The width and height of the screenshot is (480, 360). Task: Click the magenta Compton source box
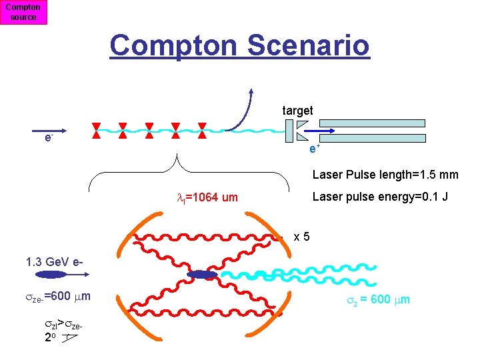(23, 12)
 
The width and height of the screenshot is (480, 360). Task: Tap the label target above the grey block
(297, 110)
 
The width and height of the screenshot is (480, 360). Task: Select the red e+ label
(315, 148)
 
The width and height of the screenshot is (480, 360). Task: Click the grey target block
(289, 131)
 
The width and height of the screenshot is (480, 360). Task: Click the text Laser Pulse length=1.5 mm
(385, 175)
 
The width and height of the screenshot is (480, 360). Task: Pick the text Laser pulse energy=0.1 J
(380, 197)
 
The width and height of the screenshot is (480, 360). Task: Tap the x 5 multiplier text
(301, 236)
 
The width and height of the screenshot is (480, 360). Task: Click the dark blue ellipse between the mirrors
(202, 275)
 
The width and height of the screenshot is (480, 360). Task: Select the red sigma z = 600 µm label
(377, 300)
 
